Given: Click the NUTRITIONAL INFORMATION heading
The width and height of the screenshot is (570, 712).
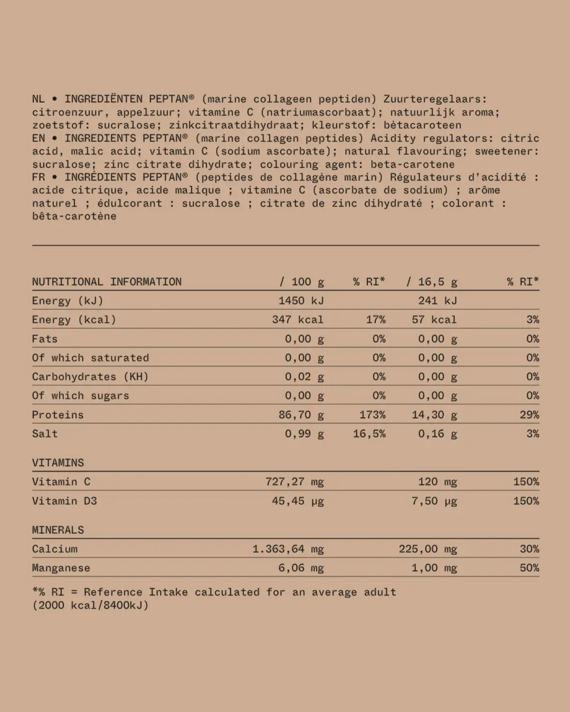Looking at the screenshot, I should click(107, 282).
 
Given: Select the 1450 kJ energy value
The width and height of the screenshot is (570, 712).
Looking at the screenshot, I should click(301, 301).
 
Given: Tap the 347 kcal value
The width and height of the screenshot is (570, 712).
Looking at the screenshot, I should click(298, 320).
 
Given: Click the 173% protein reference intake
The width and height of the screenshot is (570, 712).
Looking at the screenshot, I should click(372, 415).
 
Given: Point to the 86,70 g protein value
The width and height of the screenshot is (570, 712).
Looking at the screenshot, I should click(301, 415).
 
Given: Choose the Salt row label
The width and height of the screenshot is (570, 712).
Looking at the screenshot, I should click(45, 434).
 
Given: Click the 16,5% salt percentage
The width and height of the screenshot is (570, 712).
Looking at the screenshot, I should click(369, 434).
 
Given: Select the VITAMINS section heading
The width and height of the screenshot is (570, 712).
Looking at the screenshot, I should click(58, 463).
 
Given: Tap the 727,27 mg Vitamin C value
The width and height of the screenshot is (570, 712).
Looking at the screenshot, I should click(294, 482).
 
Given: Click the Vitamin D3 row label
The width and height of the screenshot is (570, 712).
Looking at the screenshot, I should click(64, 501).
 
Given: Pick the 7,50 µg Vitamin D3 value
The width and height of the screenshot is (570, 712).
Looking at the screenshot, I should click(434, 501).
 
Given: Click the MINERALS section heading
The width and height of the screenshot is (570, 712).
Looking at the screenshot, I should click(58, 530).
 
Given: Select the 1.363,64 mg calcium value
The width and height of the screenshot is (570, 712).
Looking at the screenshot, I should click(288, 549).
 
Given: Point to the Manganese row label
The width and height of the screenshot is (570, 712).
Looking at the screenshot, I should click(61, 567).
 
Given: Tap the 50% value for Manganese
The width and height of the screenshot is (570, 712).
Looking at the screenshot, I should click(529, 567).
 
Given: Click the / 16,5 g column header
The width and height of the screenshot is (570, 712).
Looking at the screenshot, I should click(432, 282).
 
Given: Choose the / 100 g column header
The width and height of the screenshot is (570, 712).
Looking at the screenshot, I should click(301, 282).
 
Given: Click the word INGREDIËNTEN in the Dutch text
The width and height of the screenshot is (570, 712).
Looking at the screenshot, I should click(103, 99).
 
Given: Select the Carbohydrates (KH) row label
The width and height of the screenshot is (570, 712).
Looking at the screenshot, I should click(90, 377).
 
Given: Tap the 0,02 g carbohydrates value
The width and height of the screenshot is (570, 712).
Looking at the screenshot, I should click(304, 377).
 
